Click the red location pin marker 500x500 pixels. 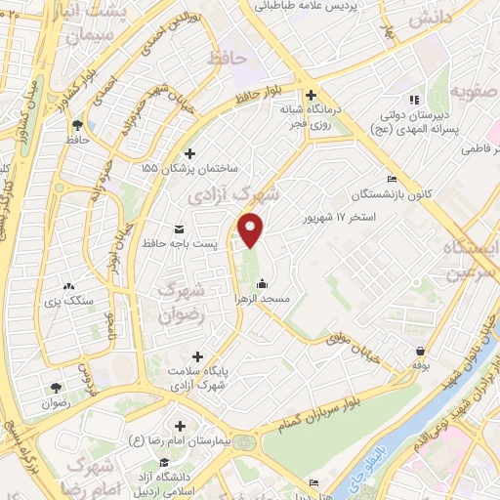252,230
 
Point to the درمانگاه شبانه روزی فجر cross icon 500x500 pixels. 311,96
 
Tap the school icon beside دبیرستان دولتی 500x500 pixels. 414,99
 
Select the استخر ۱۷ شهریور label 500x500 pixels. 340,214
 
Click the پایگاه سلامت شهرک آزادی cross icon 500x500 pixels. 198,357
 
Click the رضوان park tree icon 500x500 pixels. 56,388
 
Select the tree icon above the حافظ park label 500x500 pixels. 76,124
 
